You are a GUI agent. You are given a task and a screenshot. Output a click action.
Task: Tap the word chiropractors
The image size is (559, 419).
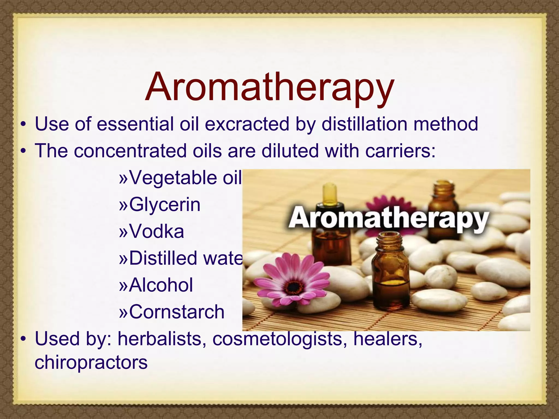(x=91, y=363)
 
